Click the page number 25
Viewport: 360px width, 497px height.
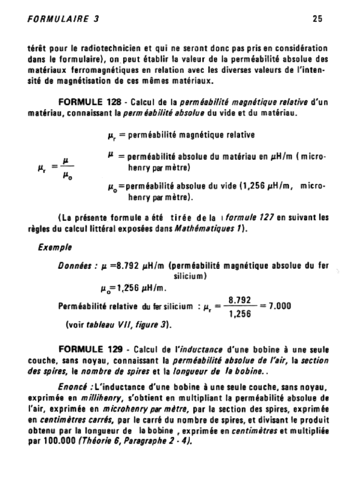317,19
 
